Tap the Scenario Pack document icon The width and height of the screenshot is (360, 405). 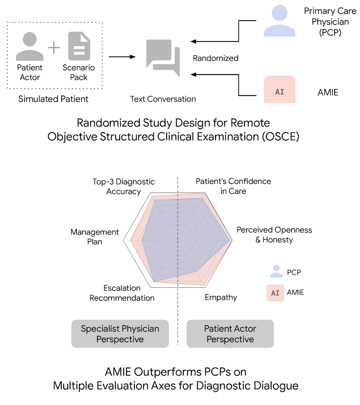point(79,47)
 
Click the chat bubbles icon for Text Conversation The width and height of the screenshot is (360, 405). point(163,58)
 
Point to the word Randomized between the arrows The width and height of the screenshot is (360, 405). point(215,58)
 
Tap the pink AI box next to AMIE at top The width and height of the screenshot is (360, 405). point(279,91)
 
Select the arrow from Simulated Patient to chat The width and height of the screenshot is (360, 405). point(122,57)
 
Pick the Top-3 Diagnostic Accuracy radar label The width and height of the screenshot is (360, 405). point(124,187)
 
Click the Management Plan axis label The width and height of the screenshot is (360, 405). point(95,237)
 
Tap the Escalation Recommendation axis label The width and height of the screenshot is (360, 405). point(122,293)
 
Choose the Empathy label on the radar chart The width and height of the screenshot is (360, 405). point(221,297)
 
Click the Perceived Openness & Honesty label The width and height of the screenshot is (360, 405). point(274,235)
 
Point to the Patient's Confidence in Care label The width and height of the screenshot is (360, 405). point(233,186)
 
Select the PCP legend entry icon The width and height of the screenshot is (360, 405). point(276,272)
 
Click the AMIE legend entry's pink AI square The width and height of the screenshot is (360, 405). point(275,293)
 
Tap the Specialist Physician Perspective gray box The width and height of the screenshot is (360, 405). point(120,334)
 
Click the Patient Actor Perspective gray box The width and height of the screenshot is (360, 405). point(230,334)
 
